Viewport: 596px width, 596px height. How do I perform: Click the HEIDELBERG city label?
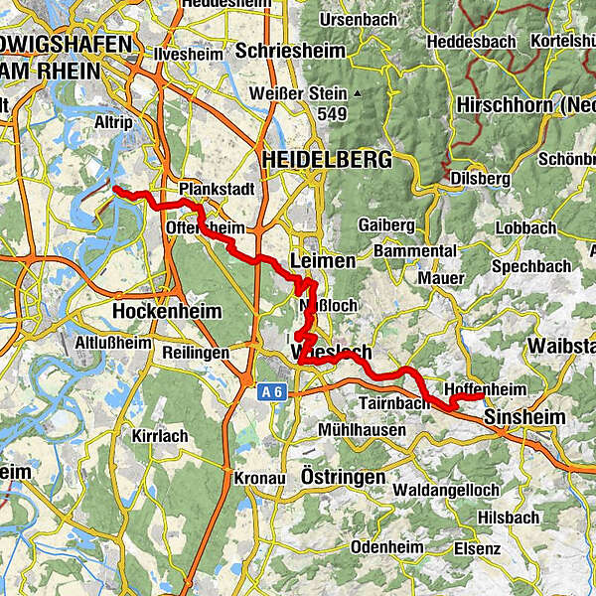[x=312, y=159]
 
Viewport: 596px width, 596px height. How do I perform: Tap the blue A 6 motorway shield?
[x=274, y=393]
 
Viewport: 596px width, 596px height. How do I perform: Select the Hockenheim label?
[x=159, y=310]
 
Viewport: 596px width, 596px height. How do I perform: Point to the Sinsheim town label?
[x=524, y=419]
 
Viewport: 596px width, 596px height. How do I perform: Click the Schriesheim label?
[x=290, y=51]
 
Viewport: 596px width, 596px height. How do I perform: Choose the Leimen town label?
[x=325, y=260]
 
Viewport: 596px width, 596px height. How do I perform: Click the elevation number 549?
[x=334, y=115]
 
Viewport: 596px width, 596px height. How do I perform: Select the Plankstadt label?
[x=216, y=189]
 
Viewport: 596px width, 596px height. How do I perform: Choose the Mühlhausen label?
[x=363, y=430]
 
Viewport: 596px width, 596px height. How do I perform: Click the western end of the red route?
[x=115, y=188]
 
